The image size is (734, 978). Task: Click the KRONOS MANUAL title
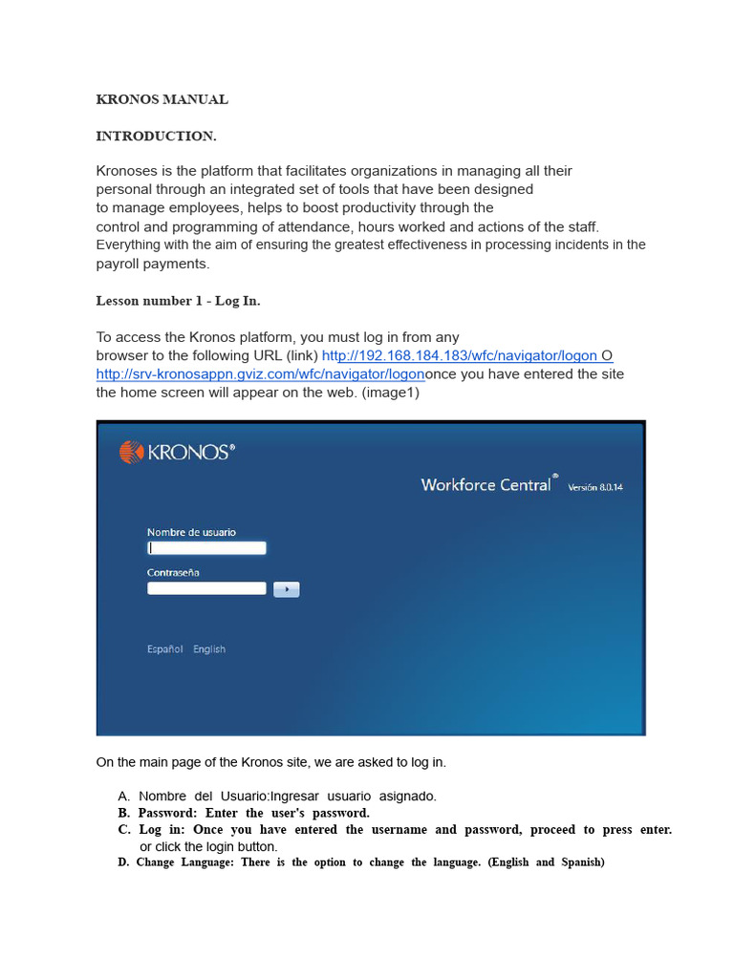pos(162,99)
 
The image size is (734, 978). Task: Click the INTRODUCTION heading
pos(156,136)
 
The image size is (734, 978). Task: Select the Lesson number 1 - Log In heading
pos(178,300)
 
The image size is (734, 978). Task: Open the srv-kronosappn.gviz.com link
pos(260,373)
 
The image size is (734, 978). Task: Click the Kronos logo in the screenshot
pos(177,452)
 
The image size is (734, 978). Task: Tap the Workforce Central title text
pos(486,484)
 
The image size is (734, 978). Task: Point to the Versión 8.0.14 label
pos(595,487)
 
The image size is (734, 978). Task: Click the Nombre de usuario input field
pos(206,548)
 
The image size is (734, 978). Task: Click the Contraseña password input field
pos(206,588)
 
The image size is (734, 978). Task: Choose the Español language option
pos(164,649)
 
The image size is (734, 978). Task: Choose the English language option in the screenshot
pos(209,649)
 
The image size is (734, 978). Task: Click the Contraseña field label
pos(173,572)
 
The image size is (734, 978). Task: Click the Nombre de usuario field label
pos(191,532)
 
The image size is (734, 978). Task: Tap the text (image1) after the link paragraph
pos(390,392)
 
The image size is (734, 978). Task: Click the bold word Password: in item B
pos(167,813)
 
